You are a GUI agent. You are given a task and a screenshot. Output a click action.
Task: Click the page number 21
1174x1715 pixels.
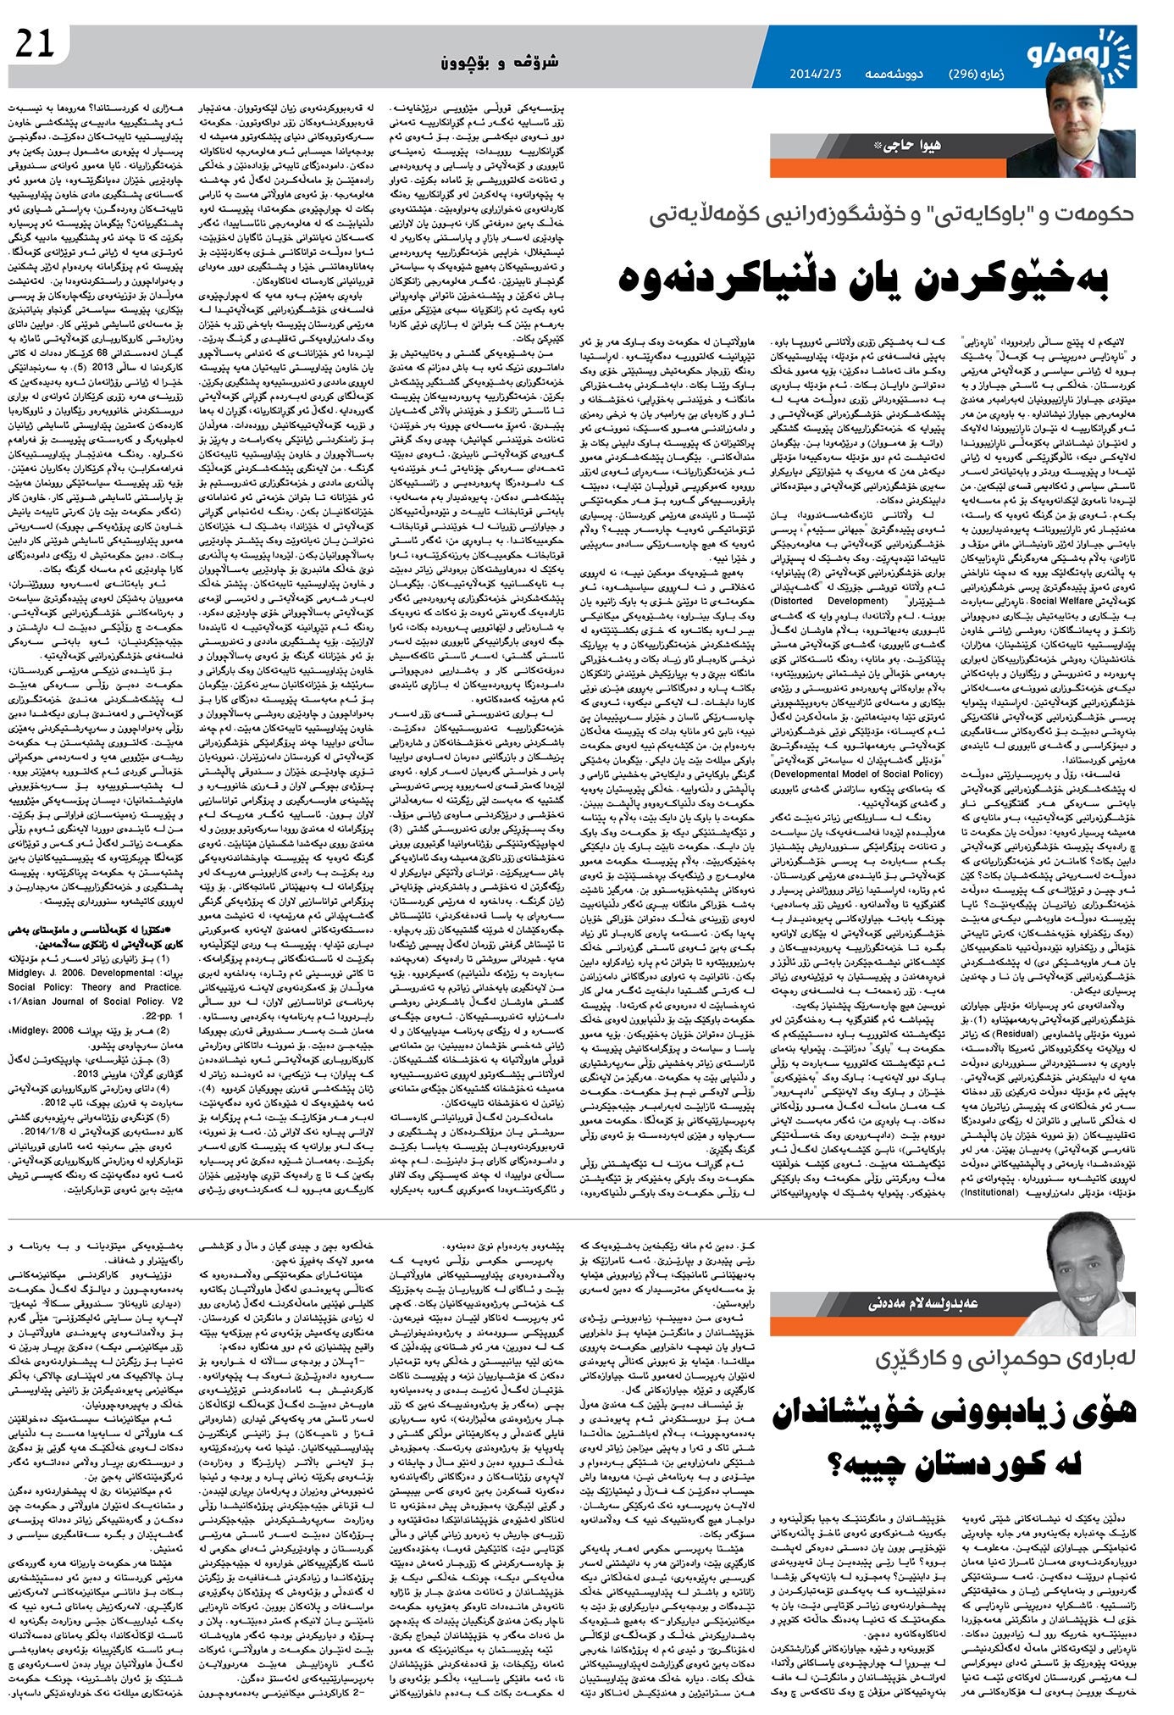coord(35,45)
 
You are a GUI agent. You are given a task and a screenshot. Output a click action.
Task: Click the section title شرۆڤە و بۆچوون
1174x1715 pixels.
coord(501,62)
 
